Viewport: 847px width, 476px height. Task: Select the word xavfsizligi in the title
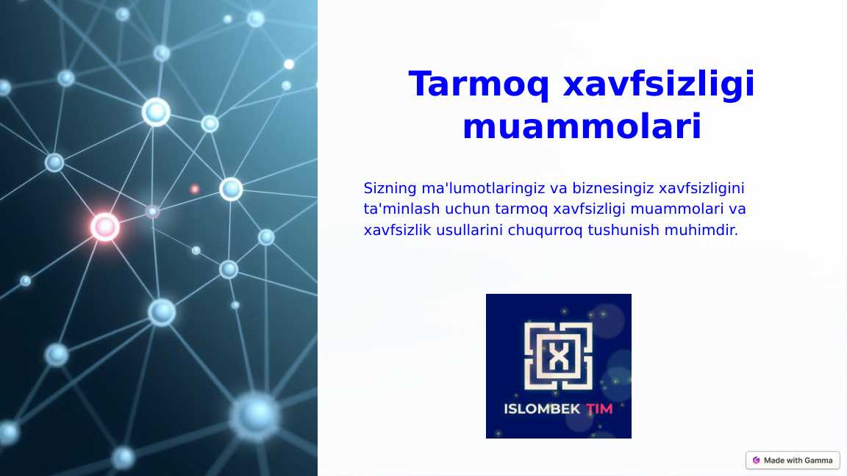(658, 84)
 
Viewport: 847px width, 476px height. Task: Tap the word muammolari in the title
(582, 127)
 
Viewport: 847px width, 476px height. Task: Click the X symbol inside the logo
(559, 358)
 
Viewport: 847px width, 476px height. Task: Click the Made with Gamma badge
(793, 461)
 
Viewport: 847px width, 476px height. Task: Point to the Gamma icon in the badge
(756, 461)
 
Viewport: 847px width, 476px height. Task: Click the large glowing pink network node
(105, 227)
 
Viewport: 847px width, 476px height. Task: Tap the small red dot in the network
(195, 189)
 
